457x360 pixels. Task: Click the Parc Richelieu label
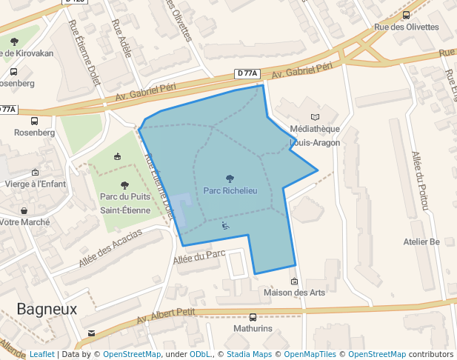[230, 191]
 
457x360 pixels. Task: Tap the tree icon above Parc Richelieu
[230, 178]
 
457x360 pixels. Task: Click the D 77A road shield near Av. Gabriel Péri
[249, 73]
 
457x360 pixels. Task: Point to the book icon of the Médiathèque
[316, 117]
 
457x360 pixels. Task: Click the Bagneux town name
[47, 309]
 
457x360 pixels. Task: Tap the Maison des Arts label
[294, 293]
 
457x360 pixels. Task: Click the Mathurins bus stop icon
[253, 316]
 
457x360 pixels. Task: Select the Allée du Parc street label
[199, 256]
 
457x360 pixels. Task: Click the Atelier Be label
[421, 241]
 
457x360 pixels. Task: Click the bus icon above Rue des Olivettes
[406, 15]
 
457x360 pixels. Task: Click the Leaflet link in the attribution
[41, 354]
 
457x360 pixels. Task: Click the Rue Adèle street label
[121, 33]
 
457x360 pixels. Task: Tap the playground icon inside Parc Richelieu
[225, 226]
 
